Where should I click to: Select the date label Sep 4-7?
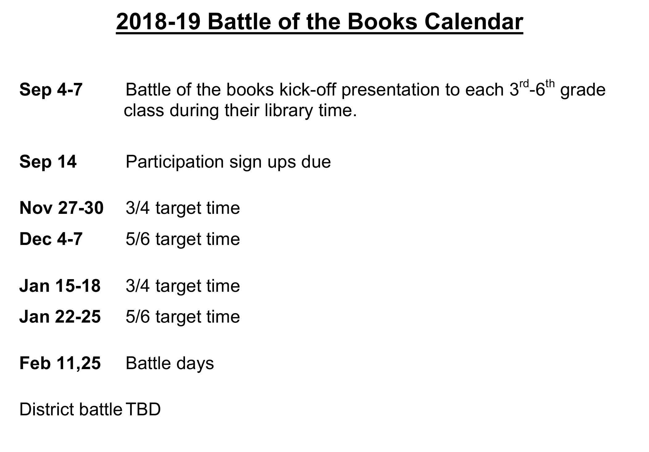(x=51, y=90)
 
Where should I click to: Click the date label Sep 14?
(x=48, y=161)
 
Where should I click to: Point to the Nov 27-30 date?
(x=61, y=208)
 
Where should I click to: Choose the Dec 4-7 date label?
(x=51, y=239)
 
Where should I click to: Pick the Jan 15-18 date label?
(x=60, y=286)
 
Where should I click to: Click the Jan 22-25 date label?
(x=60, y=316)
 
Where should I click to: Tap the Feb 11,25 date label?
(x=60, y=363)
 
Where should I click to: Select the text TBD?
(x=143, y=409)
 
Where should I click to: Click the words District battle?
(x=71, y=409)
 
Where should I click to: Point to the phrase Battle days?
(x=170, y=364)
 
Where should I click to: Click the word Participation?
(x=175, y=162)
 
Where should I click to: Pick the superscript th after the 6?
(x=550, y=83)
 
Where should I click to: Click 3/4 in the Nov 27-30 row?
(x=138, y=208)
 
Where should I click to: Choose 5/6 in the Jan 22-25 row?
(x=138, y=317)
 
